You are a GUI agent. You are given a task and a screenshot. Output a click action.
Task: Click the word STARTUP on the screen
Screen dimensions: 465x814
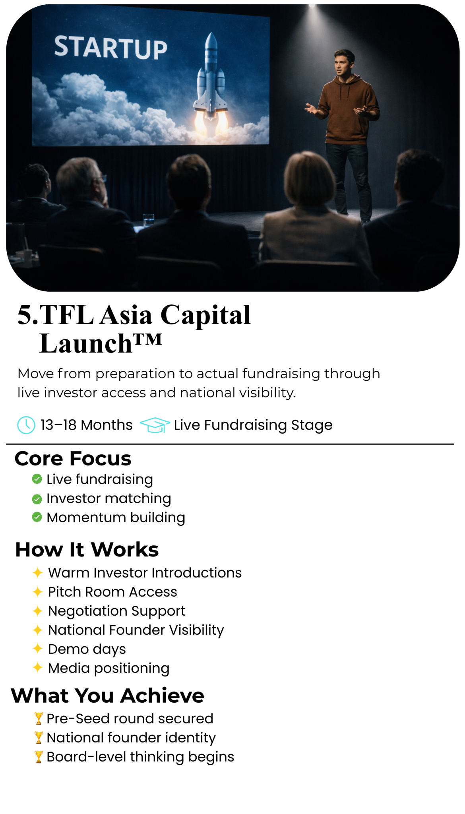point(110,48)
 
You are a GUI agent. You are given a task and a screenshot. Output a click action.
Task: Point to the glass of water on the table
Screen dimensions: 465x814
point(148,220)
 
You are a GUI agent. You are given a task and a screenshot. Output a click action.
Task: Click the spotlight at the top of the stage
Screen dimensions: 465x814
point(312,6)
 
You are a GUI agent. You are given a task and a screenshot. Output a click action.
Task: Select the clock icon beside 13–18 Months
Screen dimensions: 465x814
point(26,425)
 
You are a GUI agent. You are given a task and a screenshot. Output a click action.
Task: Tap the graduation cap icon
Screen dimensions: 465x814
point(155,425)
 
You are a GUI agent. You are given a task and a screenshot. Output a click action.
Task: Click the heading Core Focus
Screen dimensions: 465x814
point(73,458)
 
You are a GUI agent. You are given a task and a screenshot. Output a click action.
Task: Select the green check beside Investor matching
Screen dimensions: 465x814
point(37,498)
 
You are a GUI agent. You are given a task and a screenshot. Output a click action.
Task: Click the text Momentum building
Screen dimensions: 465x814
point(116,517)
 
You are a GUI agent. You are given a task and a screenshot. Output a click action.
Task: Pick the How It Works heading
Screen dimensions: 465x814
point(87,550)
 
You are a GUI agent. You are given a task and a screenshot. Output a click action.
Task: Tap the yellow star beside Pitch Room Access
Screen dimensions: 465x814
point(37,592)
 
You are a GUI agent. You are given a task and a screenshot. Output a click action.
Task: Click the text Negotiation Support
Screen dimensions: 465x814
point(116,611)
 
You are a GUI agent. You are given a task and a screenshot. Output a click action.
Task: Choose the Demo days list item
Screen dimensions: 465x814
point(87,649)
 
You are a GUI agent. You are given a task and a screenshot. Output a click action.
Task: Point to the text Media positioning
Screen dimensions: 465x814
point(108,668)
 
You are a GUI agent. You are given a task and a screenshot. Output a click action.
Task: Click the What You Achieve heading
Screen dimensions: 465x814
point(107,696)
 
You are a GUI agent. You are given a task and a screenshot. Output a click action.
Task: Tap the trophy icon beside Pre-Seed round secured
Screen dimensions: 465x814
point(39,719)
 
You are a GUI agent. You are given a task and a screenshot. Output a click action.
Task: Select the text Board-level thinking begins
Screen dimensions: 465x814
point(140,757)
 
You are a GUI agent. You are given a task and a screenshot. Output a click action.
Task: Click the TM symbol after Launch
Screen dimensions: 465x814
point(147,339)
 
